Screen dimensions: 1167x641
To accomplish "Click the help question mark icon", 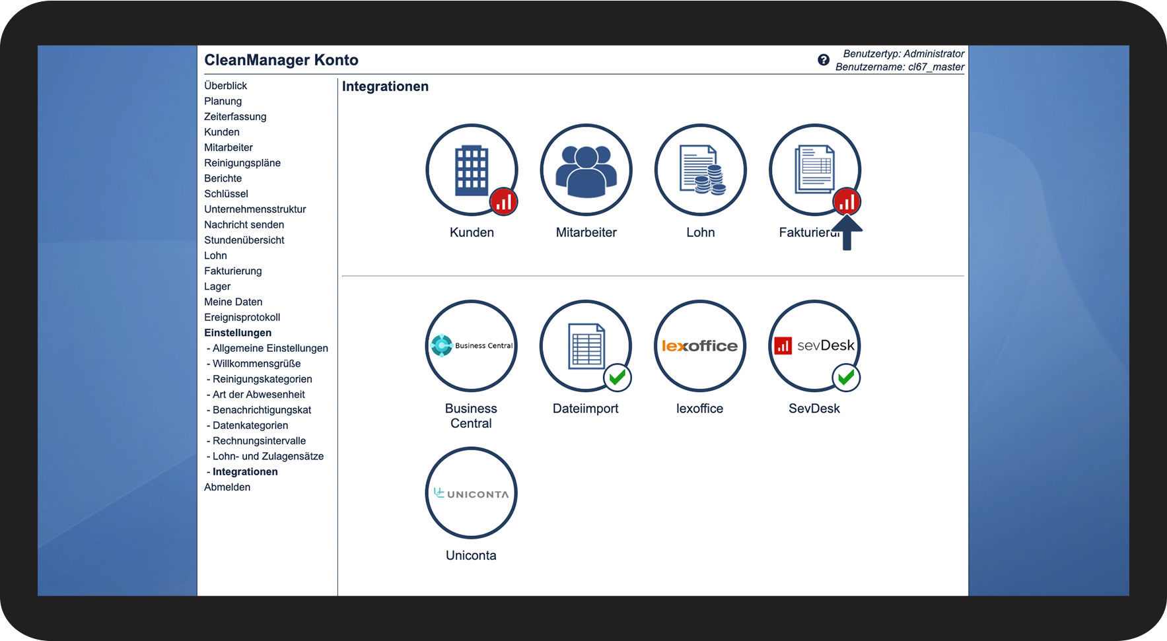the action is [824, 60].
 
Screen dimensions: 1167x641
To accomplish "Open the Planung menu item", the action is [223, 101].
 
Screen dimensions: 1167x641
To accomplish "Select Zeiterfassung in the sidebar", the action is [235, 117].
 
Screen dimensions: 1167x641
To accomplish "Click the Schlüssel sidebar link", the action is [226, 194].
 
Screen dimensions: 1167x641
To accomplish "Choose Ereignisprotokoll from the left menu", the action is [242, 318].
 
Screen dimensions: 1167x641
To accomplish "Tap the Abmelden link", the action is [227, 487].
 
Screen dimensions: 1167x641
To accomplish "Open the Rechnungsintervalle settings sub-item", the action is [259, 441].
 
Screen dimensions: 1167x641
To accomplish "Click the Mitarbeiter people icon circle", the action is [586, 170].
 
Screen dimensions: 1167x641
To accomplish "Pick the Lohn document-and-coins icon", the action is [701, 170].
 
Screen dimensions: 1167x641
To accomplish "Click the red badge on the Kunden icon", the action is [503, 202].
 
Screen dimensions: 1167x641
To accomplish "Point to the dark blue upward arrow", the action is [847, 232].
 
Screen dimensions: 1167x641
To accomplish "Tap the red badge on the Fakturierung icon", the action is [847, 201].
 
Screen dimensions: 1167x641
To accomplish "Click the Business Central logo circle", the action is [471, 346].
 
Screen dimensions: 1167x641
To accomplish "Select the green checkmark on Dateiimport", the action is [618, 378].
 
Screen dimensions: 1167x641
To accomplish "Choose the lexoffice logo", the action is [700, 346].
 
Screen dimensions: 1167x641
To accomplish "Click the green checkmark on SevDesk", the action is [846, 378].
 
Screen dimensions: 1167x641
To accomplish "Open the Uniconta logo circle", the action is [471, 493].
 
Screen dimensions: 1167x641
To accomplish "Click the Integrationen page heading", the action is [385, 86].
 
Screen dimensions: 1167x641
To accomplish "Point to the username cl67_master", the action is [936, 67].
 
